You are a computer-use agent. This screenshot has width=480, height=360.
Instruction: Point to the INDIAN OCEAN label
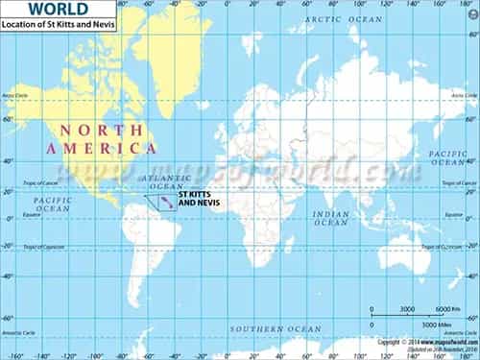331,218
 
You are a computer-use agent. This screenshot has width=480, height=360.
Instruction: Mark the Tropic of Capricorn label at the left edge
18,247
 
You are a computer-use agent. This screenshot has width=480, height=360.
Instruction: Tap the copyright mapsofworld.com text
427,342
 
